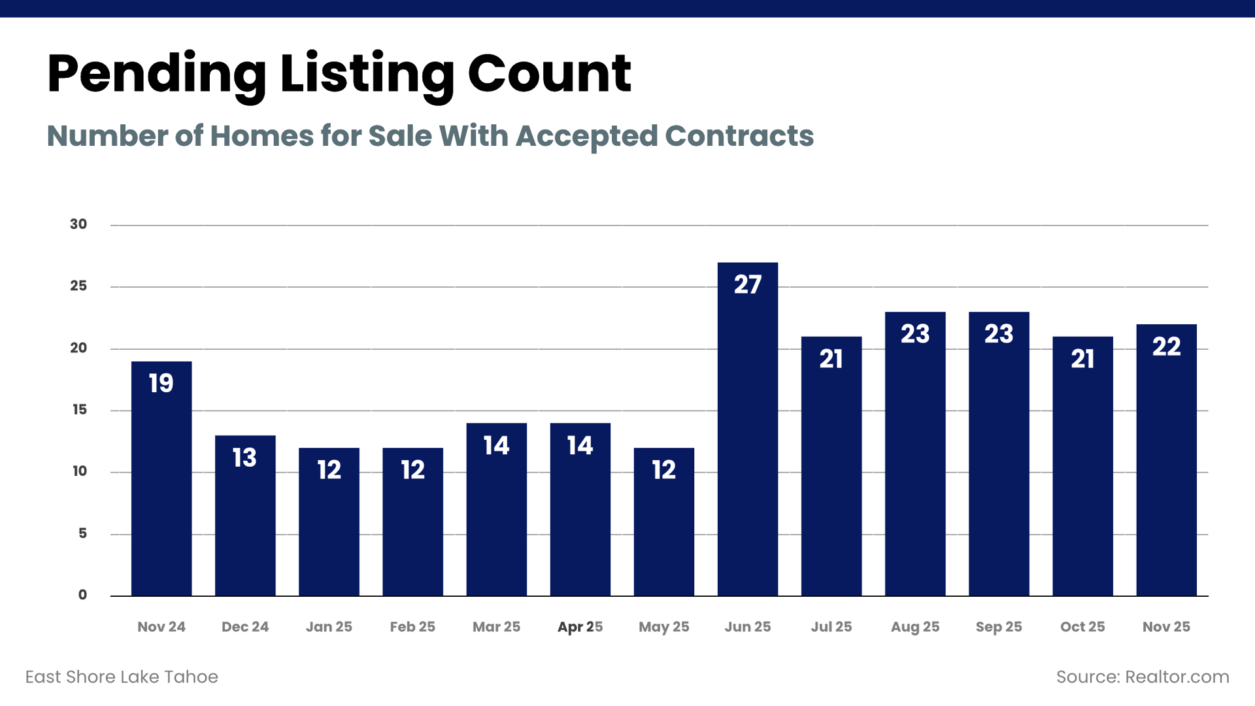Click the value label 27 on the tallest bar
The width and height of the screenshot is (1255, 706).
pos(747,284)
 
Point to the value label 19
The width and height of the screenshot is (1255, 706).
pos(161,383)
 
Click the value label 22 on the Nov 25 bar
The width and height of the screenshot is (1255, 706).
pos(1166,346)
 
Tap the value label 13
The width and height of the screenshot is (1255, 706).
pos(245,458)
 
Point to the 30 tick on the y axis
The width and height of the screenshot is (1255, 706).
pos(78,224)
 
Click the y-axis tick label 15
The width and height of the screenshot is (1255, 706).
pos(79,410)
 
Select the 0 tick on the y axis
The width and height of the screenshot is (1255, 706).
pos(82,595)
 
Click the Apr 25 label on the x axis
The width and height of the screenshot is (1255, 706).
pos(580,627)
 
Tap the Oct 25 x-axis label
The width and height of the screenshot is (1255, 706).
pos(1082,627)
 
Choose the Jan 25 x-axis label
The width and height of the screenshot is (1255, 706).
pos(329,627)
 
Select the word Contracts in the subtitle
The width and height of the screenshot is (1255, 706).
pos(739,136)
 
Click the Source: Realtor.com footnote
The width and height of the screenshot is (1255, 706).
pos(1142,677)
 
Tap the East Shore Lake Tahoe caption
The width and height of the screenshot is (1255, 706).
pos(122,677)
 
